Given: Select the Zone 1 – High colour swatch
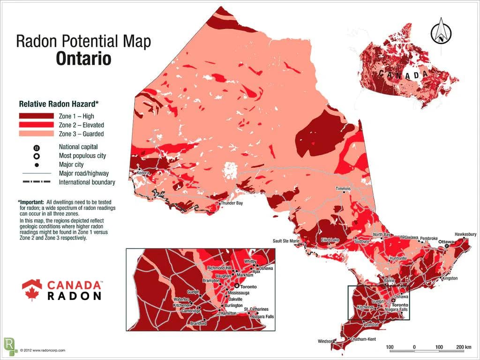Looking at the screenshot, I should (x=37, y=116).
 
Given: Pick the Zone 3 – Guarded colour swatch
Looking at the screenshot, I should (x=37, y=134).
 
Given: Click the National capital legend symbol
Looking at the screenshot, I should (x=37, y=147).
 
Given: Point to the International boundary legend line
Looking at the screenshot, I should (x=37, y=182).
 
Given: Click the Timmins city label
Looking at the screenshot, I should (x=343, y=188).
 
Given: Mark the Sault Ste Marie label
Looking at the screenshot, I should (x=286, y=241).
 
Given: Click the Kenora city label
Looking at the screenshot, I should (x=143, y=172).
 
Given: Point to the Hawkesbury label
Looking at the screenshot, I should (x=465, y=234).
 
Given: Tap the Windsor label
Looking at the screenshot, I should (x=325, y=341).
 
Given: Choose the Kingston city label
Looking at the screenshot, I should (x=449, y=279).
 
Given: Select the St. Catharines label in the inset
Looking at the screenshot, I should (x=256, y=309).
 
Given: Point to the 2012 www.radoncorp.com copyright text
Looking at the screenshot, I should (x=43, y=350).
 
